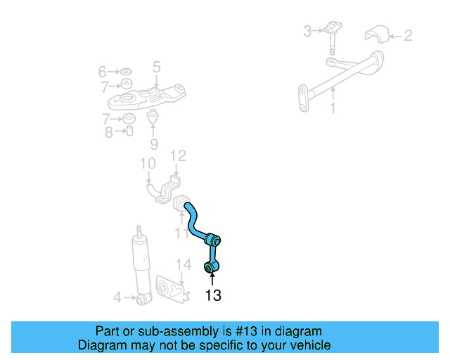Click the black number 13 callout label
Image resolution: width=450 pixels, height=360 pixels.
[212, 296]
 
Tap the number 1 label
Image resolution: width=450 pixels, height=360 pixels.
[333, 108]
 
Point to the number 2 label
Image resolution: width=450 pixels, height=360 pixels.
[409, 34]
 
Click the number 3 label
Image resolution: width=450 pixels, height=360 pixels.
[307, 31]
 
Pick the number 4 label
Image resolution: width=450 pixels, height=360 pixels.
[117, 298]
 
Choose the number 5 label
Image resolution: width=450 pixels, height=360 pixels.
[156, 67]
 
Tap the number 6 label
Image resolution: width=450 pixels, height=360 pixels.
[103, 72]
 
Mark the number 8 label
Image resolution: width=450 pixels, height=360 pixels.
[109, 131]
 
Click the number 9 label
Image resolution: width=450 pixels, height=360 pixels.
[154, 145]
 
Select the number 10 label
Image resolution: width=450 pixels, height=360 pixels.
[147, 165]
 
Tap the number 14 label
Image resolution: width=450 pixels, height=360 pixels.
[183, 264]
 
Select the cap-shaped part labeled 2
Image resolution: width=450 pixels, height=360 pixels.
[377, 34]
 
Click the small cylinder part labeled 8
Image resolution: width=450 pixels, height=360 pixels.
[129, 131]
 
